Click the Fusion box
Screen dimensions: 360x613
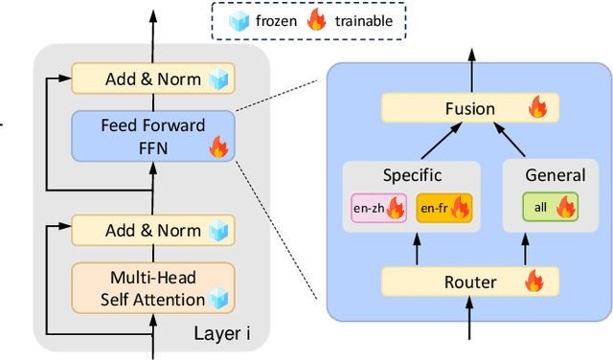point(468,108)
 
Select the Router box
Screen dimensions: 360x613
point(468,281)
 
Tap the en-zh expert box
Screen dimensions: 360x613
point(378,207)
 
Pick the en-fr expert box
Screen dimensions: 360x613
point(443,207)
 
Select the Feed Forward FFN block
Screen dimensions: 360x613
point(151,136)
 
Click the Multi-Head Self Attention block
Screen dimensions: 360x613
point(152,287)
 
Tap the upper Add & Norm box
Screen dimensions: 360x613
point(152,79)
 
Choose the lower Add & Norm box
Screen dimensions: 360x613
point(152,230)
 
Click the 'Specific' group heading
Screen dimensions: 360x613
point(411,176)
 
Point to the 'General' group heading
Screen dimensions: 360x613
point(556,175)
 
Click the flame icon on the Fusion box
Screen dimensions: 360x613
point(537,108)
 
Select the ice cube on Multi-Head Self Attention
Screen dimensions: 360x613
point(219,299)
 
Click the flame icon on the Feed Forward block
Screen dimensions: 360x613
point(218,146)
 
